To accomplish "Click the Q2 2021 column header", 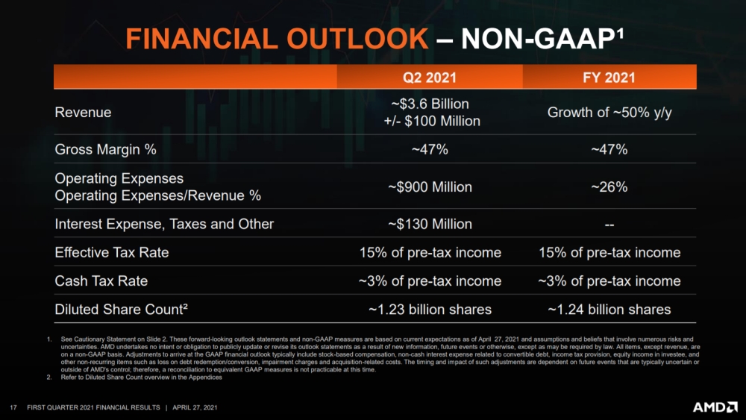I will (430, 78).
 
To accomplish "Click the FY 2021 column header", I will (609, 78).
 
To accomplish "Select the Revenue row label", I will (83, 113).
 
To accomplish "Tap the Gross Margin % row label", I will (105, 149).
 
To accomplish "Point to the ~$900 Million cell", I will (430, 187).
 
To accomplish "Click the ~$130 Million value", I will (430, 224).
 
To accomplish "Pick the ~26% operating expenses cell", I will (609, 187).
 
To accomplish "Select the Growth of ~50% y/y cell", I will (609, 113).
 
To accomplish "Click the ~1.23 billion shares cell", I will (430, 309).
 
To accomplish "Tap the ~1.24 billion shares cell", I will (609, 309).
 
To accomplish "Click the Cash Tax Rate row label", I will (101, 280).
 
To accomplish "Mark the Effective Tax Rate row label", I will (112, 252).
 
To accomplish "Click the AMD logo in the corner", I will (715, 407).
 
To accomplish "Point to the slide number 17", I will (13, 407).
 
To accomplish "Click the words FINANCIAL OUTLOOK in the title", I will (275, 39).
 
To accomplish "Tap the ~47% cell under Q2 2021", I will (430, 149).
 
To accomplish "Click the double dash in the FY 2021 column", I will (609, 224).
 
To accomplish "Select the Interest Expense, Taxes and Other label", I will (164, 224).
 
